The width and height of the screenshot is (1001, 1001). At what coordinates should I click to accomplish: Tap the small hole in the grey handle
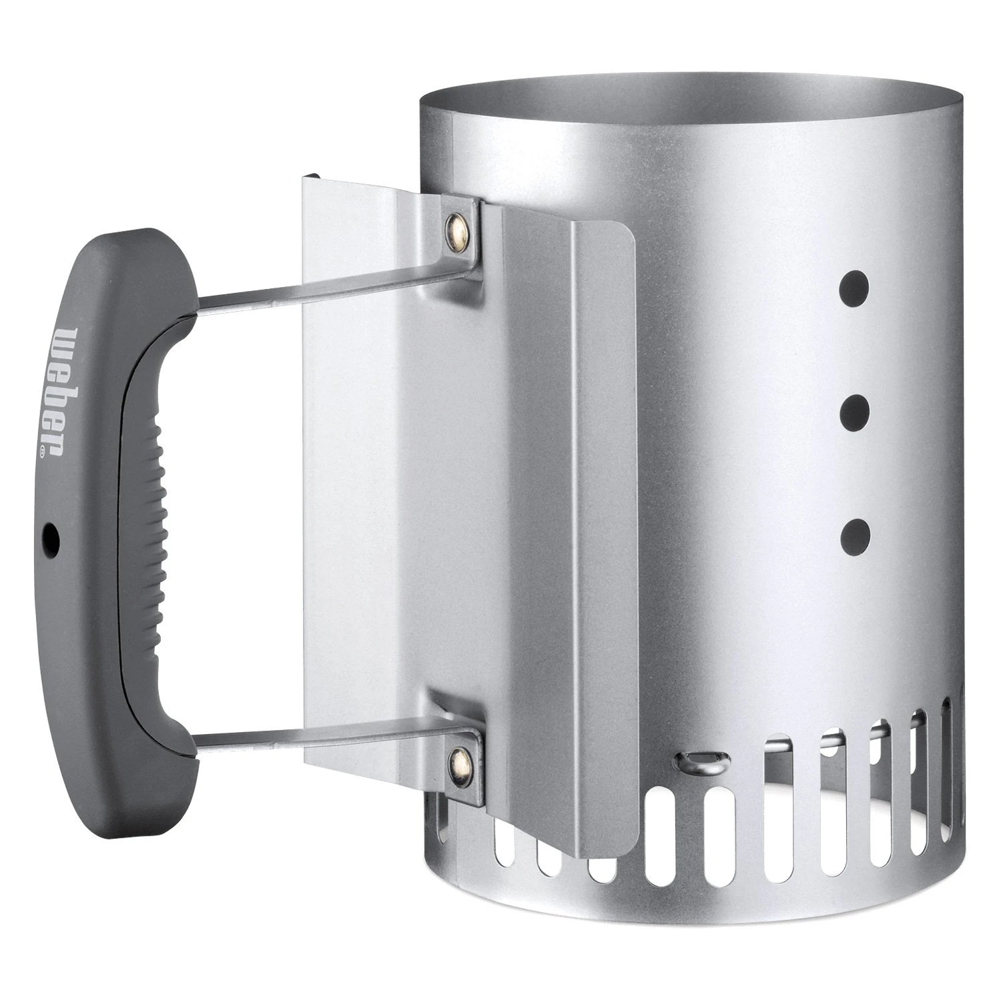tap(50, 534)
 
